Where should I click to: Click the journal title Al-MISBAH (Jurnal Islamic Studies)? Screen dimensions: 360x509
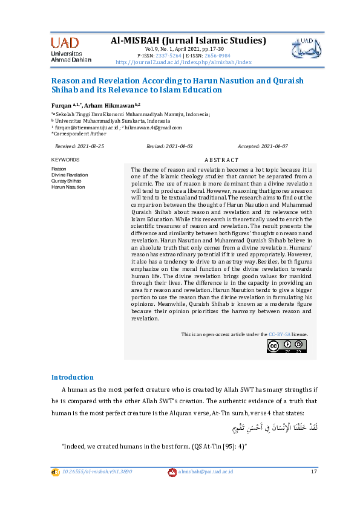188,41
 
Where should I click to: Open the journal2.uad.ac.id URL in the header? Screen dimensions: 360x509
183,62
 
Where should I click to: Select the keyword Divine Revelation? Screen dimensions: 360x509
70,175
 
